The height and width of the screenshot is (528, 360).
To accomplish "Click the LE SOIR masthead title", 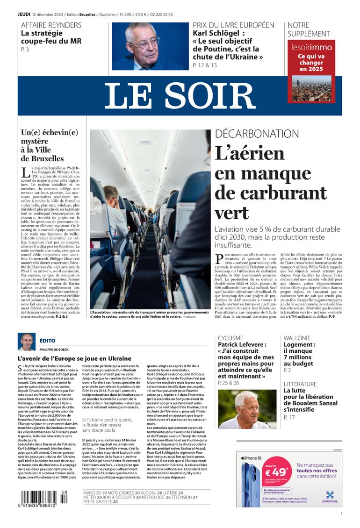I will click(x=180, y=96).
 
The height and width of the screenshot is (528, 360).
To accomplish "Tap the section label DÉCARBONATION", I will click(x=256, y=134).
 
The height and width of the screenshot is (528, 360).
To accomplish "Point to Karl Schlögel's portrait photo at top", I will click(x=149, y=46).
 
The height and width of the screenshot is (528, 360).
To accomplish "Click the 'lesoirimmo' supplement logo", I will click(x=311, y=48).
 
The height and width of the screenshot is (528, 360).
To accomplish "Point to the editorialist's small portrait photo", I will click(x=27, y=342).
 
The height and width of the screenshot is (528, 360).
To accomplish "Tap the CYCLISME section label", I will click(x=230, y=338).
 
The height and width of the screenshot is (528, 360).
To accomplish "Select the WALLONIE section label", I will click(x=296, y=338).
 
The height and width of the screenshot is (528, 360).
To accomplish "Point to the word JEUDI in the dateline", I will click(x=24, y=14).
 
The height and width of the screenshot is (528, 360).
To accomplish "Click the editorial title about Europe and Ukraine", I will click(x=68, y=358).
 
